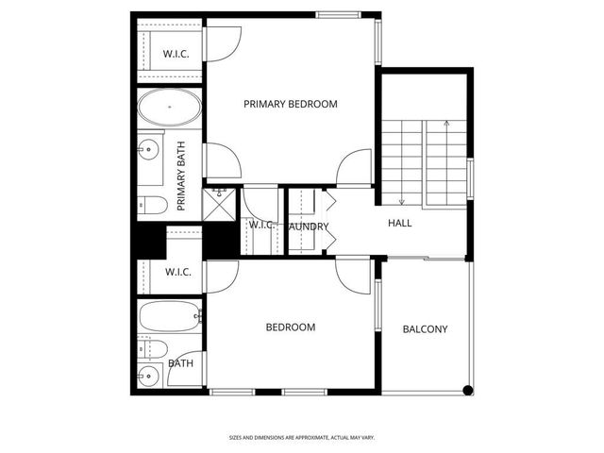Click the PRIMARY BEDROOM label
[290, 104]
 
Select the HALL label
[400, 224]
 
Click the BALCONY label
[425, 329]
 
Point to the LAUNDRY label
[308, 226]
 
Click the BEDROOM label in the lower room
[290, 327]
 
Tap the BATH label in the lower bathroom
[180, 362]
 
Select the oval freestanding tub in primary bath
[170, 109]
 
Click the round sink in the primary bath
[147, 148]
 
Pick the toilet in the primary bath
[152, 205]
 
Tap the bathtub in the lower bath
[170, 314]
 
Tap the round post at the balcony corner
[466, 390]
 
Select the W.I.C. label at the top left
[176, 54]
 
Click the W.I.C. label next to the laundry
[260, 225]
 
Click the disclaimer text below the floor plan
[301, 438]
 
